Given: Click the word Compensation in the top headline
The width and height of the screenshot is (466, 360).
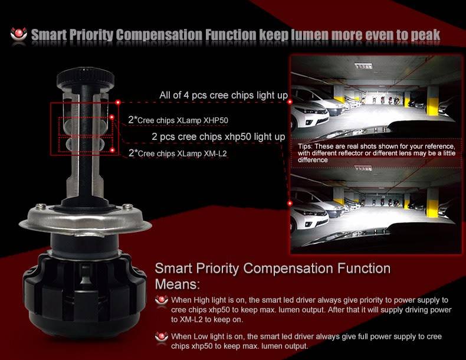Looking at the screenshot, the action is click(159, 35).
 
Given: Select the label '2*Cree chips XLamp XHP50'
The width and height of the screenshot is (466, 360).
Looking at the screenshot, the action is click(178, 120).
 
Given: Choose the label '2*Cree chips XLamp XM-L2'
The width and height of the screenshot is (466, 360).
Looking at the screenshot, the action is click(178, 153).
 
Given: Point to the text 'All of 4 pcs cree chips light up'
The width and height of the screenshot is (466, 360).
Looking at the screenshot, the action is click(224, 95).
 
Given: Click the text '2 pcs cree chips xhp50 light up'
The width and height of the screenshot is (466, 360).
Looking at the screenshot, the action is click(218, 136).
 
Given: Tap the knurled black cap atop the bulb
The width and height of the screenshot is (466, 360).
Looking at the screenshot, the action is click(86, 78).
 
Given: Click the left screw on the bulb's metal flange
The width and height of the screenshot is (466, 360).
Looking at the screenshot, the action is click(41, 206).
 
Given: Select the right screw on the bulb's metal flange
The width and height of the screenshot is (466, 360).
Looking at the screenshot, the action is click(128, 206).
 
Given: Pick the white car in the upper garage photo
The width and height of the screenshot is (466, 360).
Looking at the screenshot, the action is click(309, 110).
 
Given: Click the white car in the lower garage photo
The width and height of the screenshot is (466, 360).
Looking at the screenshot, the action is click(309, 214).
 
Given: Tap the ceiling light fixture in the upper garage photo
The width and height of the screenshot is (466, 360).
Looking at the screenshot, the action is click(363, 66).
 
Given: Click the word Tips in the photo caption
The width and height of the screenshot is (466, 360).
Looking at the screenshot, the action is click(304, 146).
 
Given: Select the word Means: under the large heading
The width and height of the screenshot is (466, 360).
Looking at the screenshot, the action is click(177, 284).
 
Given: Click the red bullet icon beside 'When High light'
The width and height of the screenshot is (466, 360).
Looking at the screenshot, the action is click(162, 300).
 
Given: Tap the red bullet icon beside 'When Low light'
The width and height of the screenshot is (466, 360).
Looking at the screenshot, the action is click(162, 337).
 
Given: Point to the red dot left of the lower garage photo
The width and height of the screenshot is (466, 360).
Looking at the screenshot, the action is click(290, 204).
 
